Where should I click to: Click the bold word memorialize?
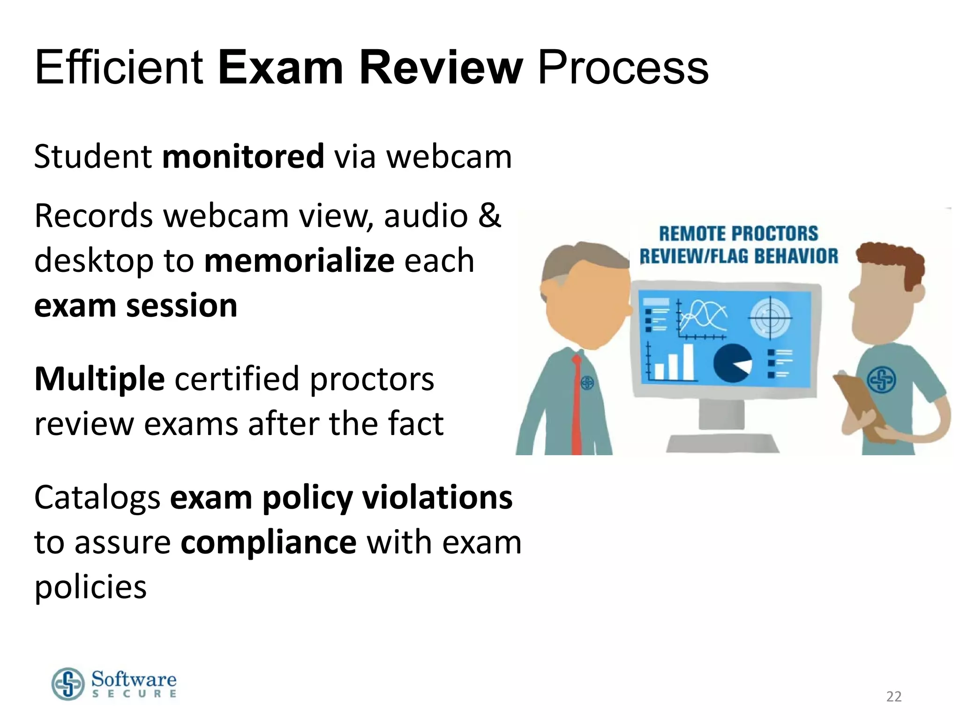coord(299,261)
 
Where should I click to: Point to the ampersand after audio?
coord(489,216)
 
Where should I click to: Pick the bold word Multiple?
coord(99,379)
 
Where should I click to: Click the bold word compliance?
coord(269,542)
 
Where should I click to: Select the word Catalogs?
coord(97,498)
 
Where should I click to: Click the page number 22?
coord(893,697)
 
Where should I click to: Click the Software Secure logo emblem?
coord(68,684)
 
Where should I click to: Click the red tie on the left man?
coord(576,403)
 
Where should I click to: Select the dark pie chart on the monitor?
coord(732,363)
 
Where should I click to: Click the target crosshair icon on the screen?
coord(770,318)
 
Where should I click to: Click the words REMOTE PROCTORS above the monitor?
coord(738,233)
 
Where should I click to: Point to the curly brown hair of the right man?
coord(893,260)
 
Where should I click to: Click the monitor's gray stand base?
coord(722,443)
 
